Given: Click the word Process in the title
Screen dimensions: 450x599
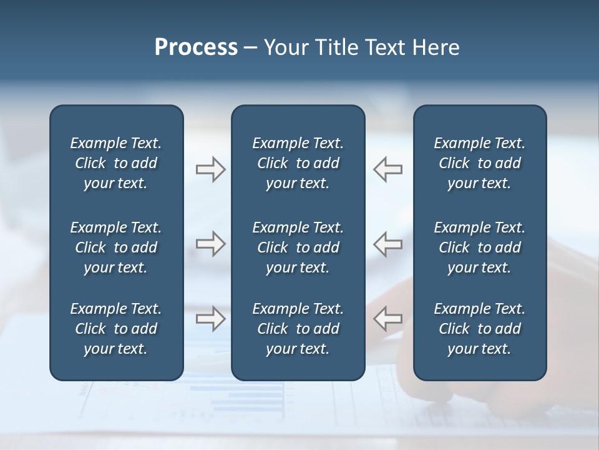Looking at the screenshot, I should [196, 47].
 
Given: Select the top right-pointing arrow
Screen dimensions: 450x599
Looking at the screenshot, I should [210, 169].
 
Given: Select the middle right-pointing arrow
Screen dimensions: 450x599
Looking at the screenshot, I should [210, 244].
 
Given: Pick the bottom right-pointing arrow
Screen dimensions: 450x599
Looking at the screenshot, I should [210, 319].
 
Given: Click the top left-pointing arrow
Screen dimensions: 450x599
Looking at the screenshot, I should [388, 169].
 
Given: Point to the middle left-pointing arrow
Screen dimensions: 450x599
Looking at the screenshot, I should [388, 244].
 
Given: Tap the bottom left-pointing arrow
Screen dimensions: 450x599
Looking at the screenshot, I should [388, 319].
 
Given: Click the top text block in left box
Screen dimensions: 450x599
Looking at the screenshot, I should [116, 163].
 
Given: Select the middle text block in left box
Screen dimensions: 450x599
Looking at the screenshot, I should [116, 247].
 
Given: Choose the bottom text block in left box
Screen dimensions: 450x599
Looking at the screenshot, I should [116, 329].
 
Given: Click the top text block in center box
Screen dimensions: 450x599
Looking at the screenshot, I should [298, 163].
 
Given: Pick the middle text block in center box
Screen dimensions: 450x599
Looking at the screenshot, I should [298, 247].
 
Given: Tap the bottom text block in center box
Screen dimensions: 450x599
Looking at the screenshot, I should [298, 329].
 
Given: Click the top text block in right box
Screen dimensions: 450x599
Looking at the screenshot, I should [479, 163].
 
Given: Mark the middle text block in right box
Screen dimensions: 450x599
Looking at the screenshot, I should [479, 247].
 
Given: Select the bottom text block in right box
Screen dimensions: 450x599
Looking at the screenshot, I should [479, 329].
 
